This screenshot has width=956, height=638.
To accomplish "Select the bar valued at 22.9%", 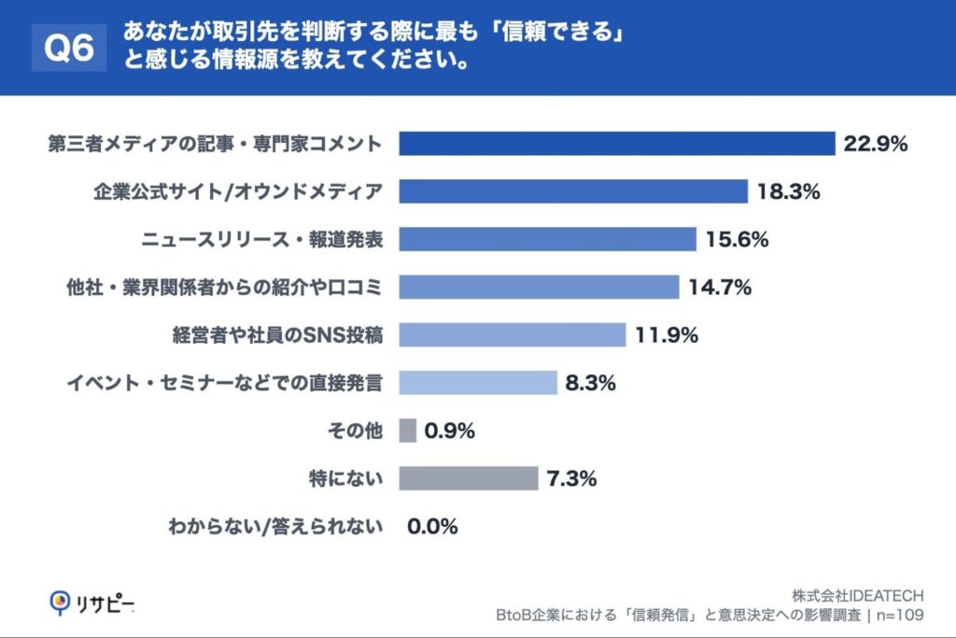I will coord(616,144).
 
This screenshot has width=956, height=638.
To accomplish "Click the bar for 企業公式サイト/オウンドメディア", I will coord(573,191).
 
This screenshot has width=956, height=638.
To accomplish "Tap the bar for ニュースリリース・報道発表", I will coord(548,240).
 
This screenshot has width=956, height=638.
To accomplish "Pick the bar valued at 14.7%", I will coord(539,288).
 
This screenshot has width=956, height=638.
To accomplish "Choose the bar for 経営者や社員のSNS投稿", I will coord(513,335).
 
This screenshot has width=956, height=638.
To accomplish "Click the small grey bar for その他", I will coord(407,431).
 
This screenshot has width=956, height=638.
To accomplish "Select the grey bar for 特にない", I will coord(469,479).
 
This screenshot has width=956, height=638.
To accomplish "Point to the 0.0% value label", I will coord(432,527).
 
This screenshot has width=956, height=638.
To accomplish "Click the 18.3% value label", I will coord(788,191).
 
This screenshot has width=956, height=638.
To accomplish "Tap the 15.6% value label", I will coord(737,240).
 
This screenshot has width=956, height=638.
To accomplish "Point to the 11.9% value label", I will coord(667,335).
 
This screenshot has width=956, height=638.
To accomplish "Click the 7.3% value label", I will coord(570,479).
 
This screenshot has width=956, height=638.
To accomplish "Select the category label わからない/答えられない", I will coord(275,527).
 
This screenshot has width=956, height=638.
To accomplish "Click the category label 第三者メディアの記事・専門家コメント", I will coord(216,144).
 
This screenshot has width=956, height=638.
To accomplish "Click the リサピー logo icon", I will coord(60,603).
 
